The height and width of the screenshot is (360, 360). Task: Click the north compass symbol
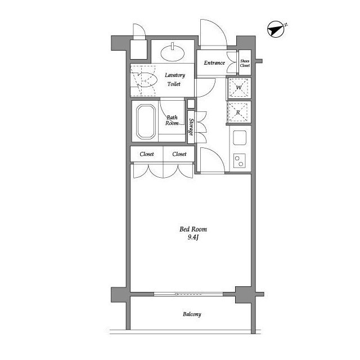(276, 29)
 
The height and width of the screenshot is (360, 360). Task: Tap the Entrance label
(214, 62)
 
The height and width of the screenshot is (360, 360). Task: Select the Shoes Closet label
(245, 63)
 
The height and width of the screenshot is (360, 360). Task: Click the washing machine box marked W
(238, 88)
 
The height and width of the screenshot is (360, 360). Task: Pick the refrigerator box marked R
(238, 112)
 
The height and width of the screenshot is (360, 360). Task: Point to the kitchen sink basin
(240, 137)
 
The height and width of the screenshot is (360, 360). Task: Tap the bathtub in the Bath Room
(146, 121)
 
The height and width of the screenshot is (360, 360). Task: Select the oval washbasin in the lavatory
(173, 53)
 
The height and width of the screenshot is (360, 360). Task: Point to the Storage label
(191, 127)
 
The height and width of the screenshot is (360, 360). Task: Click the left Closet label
(147, 154)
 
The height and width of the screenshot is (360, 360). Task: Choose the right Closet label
(179, 154)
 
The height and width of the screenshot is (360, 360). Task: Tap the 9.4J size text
(193, 237)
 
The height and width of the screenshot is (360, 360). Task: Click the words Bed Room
(193, 229)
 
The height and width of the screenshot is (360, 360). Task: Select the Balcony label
(192, 314)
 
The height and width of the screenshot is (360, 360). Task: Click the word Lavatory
(175, 75)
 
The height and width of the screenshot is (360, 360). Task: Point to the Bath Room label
(172, 120)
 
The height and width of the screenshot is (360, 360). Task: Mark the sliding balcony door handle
(176, 294)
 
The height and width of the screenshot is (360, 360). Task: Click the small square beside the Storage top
(191, 103)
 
